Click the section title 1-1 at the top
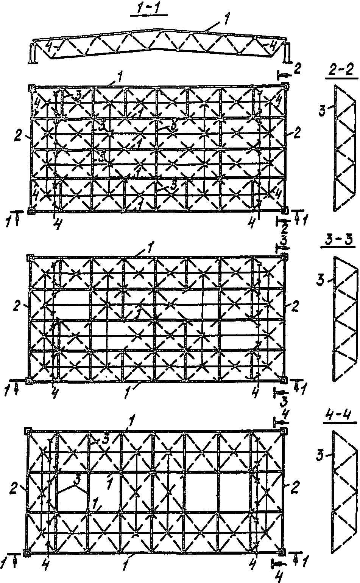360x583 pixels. [x=149, y=9]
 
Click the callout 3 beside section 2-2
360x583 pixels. [x=323, y=110]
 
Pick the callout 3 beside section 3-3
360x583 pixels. [x=321, y=280]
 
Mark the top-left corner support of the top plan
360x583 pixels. [x=31, y=88]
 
